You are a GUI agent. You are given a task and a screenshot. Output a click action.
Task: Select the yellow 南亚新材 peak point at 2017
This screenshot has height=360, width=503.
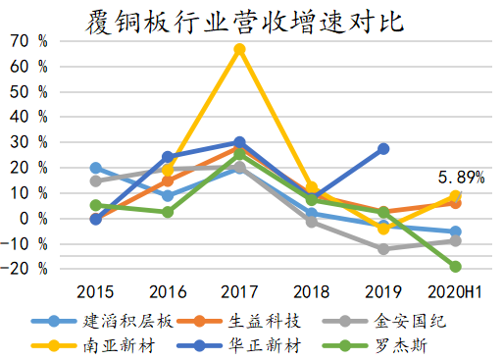[240, 49]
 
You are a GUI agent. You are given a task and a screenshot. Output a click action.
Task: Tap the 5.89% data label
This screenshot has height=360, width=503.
[460, 178]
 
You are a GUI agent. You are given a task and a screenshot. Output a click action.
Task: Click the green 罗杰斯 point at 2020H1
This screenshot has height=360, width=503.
[455, 266]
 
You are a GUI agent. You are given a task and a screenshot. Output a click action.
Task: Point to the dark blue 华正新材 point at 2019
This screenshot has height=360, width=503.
[383, 149]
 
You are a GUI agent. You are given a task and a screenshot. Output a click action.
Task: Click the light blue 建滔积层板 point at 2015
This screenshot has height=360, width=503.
[96, 168]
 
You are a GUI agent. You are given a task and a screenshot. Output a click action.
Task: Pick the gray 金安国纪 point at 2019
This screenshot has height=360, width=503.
[383, 249]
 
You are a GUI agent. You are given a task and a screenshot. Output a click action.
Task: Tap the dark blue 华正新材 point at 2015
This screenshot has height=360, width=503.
[96, 219]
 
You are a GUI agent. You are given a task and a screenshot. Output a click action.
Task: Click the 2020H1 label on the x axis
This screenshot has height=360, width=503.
[455, 292]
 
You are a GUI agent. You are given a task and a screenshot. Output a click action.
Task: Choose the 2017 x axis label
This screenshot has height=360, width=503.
[240, 292]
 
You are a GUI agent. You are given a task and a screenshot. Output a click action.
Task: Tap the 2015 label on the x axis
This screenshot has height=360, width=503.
[96, 292]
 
